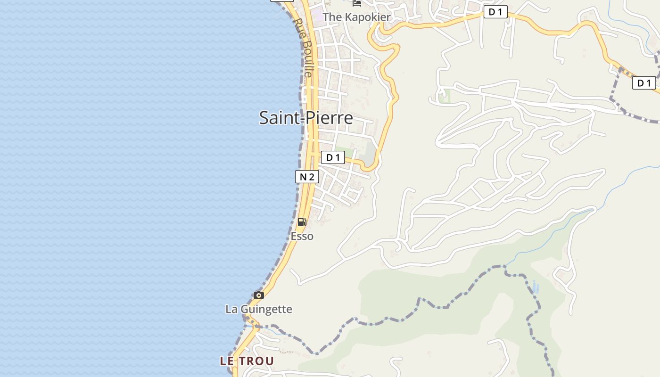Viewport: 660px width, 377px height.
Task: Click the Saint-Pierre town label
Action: [306, 117]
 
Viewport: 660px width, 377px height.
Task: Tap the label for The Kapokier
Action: [356, 17]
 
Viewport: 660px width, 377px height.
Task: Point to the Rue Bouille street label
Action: [303, 47]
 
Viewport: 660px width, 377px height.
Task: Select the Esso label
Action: [302, 236]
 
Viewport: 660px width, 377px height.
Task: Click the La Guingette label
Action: [259, 309]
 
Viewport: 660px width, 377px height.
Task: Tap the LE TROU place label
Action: [247, 361]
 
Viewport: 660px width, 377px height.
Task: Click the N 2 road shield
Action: [307, 177]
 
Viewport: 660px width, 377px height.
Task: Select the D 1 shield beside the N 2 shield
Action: [333, 157]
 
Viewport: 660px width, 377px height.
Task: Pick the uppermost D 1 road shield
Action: [495, 12]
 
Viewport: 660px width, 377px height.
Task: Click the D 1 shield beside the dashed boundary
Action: [644, 83]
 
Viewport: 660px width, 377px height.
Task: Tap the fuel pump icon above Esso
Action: [302, 221]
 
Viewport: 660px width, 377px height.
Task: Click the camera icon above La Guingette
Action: [258, 295]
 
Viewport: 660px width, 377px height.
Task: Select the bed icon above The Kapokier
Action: [357, 3]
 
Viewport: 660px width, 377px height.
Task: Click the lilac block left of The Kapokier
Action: [317, 16]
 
